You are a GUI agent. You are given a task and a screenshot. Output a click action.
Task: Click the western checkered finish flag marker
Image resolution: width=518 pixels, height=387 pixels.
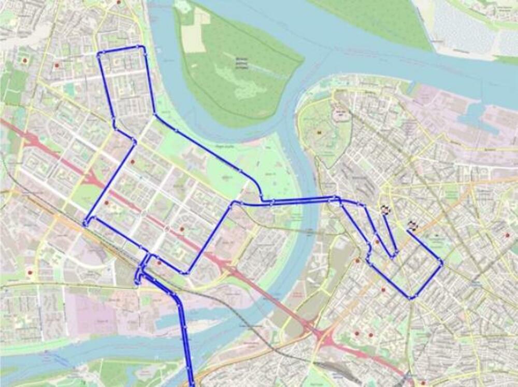[x=385, y=209]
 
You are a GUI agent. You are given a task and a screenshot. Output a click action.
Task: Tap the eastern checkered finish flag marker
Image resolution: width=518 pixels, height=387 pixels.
[x=412, y=225]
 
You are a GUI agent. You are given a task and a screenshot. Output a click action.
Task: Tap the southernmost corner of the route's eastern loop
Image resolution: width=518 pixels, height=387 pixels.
[x=411, y=297]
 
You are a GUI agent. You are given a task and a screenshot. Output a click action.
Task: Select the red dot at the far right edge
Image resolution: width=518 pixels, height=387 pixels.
[x=507, y=235]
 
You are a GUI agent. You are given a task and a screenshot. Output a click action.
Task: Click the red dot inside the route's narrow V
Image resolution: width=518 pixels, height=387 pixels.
[x=378, y=241]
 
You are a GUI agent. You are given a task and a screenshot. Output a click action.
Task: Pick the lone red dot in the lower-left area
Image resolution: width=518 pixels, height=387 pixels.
[x=31, y=271]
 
